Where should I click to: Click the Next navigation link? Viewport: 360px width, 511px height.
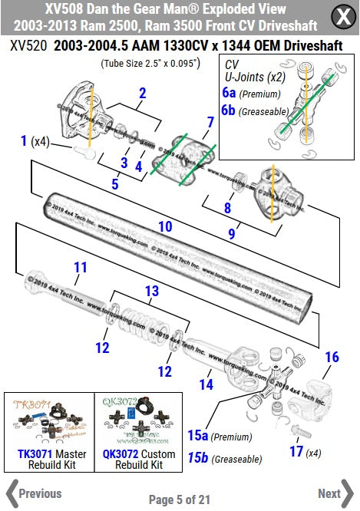click(335, 493)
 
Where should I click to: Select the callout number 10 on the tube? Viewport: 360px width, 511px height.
click(165, 226)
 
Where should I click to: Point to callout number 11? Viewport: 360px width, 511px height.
click(81, 267)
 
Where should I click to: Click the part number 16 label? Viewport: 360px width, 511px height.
click(331, 357)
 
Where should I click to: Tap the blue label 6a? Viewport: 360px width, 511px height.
click(228, 92)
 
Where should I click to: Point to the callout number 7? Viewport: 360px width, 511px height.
click(210, 122)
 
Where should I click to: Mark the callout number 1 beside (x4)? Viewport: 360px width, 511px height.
click(24, 140)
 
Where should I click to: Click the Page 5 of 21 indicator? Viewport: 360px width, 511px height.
click(180, 499)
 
